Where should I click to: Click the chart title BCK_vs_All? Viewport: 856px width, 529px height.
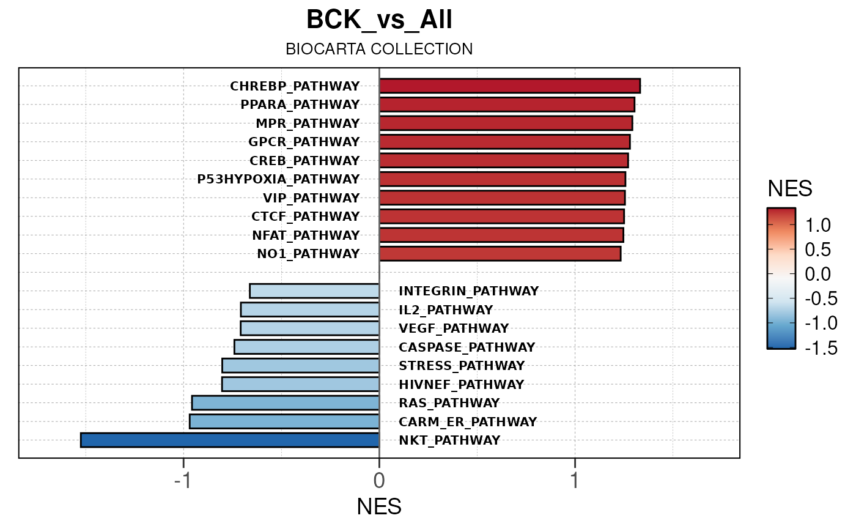coord(379,20)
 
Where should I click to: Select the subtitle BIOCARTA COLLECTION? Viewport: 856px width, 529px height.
coord(379,49)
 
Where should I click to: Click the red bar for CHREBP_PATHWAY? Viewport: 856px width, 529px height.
coord(509,86)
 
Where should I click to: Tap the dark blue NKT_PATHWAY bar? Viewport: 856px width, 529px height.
coord(230,440)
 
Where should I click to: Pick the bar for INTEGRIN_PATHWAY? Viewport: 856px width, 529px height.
coord(314,290)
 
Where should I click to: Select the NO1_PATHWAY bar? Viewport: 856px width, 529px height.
coord(500,254)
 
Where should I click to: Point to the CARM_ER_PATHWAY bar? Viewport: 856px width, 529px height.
coord(284,421)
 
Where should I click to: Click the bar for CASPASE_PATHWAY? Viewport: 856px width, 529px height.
coord(306,347)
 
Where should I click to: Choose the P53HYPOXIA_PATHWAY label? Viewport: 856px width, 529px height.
coord(278,179)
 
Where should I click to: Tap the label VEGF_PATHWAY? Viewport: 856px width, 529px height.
coord(453,328)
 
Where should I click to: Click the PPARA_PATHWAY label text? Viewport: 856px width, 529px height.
coord(300,105)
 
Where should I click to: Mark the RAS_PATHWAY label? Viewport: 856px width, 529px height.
coord(449,403)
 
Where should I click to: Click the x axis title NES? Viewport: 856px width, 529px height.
coord(379,507)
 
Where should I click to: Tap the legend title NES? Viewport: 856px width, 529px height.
coord(789,190)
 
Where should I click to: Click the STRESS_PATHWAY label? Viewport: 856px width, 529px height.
coord(461,366)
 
